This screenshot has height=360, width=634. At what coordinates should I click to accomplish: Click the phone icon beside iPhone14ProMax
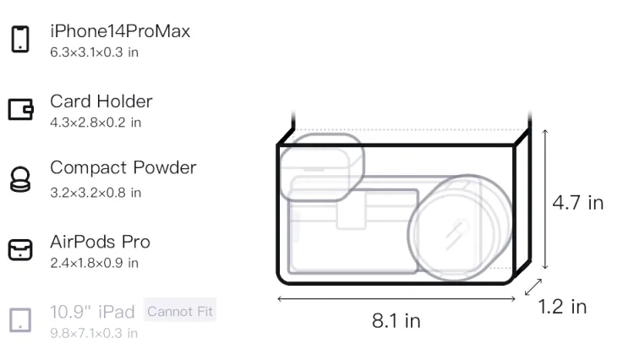tap(20, 39)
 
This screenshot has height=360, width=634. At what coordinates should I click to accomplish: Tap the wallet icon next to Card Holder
tap(20, 110)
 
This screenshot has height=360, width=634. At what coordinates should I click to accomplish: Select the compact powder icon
tap(19, 179)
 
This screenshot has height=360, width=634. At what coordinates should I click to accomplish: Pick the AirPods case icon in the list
tap(20, 249)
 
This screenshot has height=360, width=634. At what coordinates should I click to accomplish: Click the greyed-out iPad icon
tap(20, 320)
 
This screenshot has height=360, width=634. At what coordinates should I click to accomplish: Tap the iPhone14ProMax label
tap(120, 31)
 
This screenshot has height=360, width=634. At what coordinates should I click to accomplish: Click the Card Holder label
tap(101, 101)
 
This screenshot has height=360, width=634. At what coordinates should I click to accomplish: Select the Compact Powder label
tap(123, 167)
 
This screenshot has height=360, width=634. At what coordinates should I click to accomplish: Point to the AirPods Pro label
tap(101, 242)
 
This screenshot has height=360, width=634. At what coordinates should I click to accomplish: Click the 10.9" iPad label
tap(92, 312)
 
